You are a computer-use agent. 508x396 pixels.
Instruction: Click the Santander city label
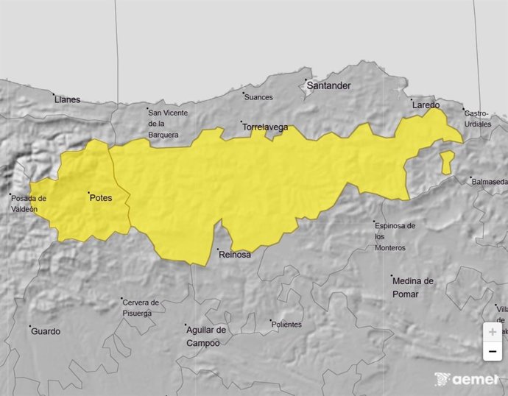(x=328, y=85)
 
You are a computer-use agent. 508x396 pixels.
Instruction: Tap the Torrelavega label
(x=265, y=127)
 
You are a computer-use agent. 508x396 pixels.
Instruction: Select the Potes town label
(x=100, y=197)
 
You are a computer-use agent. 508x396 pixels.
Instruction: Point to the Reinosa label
(x=235, y=255)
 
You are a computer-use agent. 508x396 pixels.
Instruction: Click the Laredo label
(x=426, y=105)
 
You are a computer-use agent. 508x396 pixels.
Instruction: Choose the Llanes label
(x=67, y=99)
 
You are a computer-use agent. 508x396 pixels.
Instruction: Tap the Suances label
(x=258, y=97)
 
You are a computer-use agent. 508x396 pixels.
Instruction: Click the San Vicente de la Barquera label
(x=168, y=124)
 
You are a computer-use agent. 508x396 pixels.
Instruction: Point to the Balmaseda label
(x=490, y=181)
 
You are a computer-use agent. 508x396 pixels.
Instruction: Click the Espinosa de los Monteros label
(x=395, y=236)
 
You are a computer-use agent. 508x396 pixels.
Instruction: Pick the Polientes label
(x=286, y=325)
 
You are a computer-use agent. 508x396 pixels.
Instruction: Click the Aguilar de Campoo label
(x=206, y=336)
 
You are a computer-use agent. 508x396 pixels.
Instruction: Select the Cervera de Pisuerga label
(x=141, y=308)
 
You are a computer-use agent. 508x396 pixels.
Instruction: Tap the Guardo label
(x=46, y=331)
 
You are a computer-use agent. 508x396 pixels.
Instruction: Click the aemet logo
(x=466, y=379)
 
